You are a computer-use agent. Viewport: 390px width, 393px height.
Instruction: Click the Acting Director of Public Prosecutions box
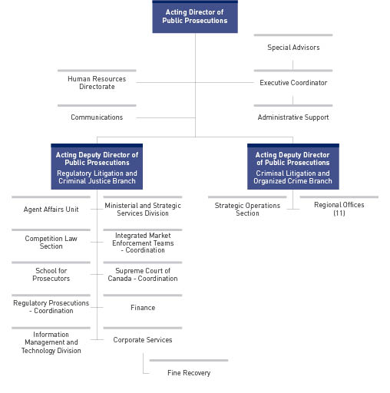click(x=195, y=17)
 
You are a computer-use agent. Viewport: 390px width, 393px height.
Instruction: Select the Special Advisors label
click(x=293, y=48)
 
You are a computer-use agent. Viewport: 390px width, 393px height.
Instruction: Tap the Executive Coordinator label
click(x=293, y=83)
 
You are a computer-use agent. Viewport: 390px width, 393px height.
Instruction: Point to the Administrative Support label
click(x=293, y=117)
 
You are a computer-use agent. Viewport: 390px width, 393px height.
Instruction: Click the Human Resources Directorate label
click(x=97, y=83)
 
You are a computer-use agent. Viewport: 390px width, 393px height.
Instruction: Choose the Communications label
click(x=97, y=117)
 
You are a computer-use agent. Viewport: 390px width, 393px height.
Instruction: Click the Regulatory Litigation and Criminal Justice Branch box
click(x=97, y=167)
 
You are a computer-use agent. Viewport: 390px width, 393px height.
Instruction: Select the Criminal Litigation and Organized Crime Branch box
click(x=292, y=167)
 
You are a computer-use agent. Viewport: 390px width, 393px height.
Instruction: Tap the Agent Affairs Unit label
click(x=51, y=210)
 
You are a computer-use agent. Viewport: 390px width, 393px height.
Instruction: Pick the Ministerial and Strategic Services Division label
click(x=143, y=210)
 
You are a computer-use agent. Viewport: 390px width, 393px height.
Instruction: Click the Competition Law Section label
click(x=51, y=243)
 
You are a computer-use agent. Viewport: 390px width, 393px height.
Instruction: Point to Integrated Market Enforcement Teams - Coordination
click(x=143, y=243)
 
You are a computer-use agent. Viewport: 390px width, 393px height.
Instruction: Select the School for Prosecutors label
click(x=51, y=275)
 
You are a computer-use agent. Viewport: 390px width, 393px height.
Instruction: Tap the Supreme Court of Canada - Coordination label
click(x=143, y=275)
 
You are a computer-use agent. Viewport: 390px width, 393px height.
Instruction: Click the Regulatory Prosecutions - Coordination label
click(x=51, y=307)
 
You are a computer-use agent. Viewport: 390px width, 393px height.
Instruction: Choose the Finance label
click(x=143, y=308)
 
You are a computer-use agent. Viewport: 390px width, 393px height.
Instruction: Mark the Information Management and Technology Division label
click(x=51, y=343)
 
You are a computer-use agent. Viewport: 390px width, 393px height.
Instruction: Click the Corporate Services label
click(x=143, y=340)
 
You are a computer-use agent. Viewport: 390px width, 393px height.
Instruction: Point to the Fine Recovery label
click(x=189, y=373)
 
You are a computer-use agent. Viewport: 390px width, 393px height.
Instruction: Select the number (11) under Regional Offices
click(x=339, y=214)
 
